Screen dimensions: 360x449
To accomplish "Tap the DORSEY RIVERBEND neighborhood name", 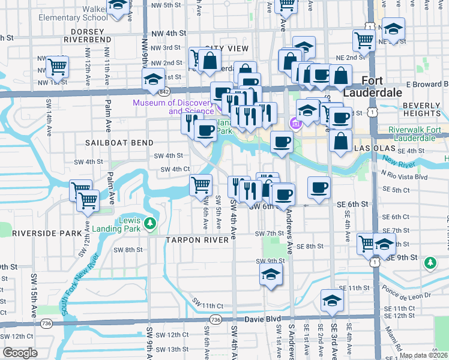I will point(91,35).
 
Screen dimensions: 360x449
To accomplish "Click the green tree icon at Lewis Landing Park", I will point(149,224).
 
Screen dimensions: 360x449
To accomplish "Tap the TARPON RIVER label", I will point(197,239).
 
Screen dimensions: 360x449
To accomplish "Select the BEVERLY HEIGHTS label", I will point(422,109).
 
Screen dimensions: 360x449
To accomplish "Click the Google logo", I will point(20,353).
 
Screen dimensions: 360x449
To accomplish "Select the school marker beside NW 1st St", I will point(153,80).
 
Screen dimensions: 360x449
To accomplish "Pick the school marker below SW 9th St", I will point(271,275).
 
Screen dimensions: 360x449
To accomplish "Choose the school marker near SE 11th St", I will point(331,301).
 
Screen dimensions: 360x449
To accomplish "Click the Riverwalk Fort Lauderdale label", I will point(414,134).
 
